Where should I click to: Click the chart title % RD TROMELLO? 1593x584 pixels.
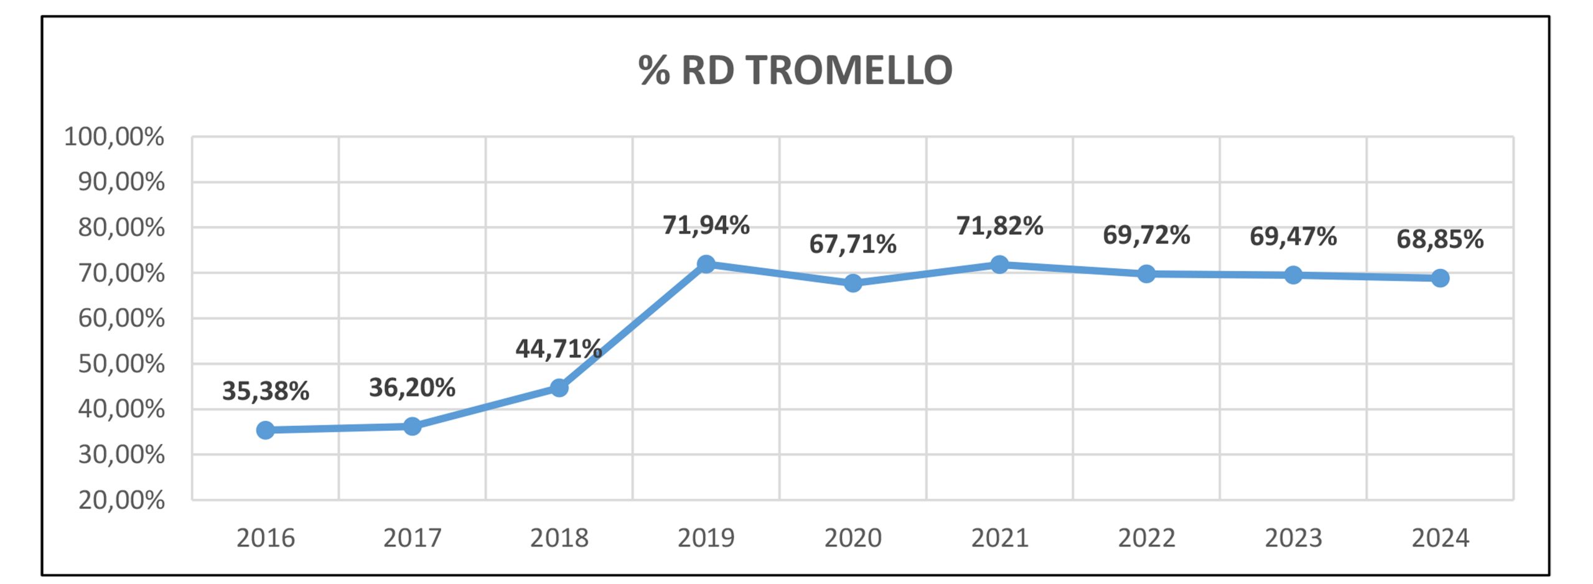(795, 70)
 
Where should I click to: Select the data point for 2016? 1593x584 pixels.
(265, 430)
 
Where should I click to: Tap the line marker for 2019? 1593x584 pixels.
(706, 264)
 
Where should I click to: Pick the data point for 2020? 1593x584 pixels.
(853, 283)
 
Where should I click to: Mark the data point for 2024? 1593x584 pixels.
(1440, 278)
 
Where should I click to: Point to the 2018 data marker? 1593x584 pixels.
(559, 388)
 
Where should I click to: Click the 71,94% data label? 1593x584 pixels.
(706, 225)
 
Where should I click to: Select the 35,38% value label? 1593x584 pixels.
(265, 391)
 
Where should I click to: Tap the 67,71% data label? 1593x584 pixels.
(853, 244)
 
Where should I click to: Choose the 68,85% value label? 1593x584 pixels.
(1440, 239)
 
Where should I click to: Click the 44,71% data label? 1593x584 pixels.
(558, 349)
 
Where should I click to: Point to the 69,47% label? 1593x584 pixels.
(1293, 237)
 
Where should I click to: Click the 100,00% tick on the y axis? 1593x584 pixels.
(114, 136)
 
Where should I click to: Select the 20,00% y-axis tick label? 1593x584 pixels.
(121, 500)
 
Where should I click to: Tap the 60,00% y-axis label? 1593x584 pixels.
(121, 318)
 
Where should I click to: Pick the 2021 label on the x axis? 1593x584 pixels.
(999, 538)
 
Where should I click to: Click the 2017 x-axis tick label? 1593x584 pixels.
(412, 538)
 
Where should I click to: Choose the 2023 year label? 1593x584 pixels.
(1293, 538)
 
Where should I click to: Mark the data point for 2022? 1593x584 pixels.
(1146, 274)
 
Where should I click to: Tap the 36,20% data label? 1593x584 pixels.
(412, 388)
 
